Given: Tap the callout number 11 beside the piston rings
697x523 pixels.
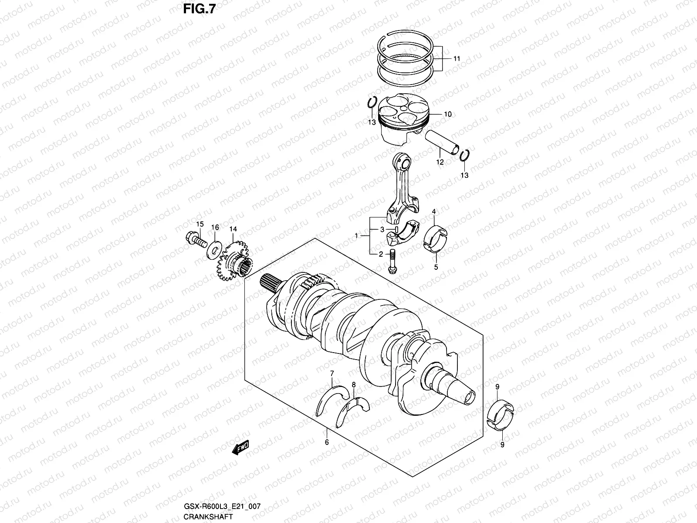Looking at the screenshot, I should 456,58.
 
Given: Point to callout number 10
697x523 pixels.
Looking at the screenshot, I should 447,115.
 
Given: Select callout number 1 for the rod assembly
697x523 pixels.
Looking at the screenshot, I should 356,236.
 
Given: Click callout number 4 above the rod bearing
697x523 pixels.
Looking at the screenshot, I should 433,212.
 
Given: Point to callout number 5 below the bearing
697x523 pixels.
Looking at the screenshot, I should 436,267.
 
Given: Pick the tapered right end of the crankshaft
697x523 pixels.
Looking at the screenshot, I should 457,386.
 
